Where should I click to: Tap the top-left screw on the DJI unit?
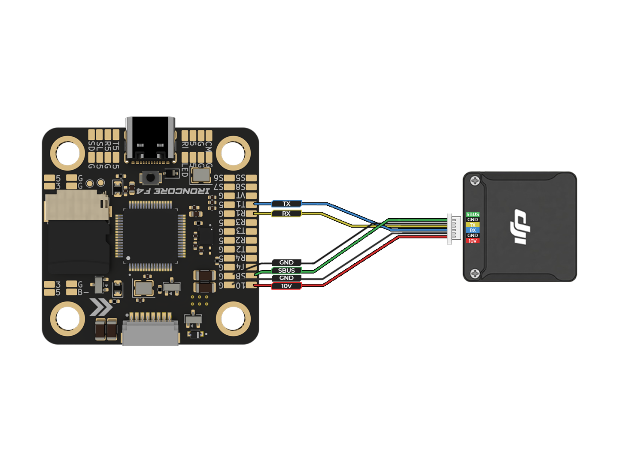point(475,180)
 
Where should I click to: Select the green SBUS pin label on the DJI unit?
point(472,214)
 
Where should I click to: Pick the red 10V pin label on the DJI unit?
point(472,241)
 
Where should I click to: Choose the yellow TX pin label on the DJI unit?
point(472,225)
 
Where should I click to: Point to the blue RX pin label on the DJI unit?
point(472,230)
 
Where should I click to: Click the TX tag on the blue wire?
point(286,204)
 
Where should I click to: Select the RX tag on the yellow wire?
point(286,213)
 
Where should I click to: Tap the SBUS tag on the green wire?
point(286,271)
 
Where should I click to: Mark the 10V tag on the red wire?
point(286,286)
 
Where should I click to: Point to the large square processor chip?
point(150,236)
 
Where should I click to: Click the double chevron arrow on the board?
point(101,307)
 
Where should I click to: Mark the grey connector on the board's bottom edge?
point(150,332)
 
